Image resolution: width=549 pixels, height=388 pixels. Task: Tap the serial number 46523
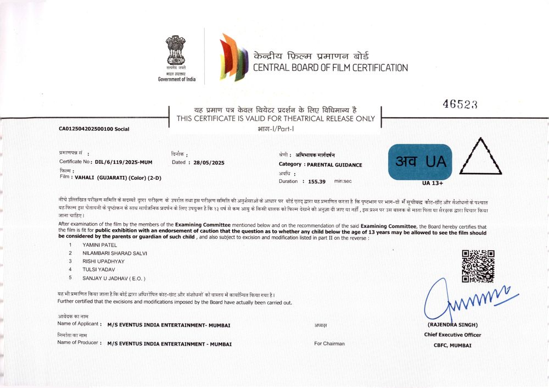[460, 104]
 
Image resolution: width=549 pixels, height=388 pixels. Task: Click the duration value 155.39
[317, 181]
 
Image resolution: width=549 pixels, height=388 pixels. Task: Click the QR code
[478, 266]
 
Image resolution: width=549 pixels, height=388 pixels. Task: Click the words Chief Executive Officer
[452, 335]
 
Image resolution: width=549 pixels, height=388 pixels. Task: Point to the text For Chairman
[329, 343]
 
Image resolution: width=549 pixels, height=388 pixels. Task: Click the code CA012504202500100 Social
[93, 129]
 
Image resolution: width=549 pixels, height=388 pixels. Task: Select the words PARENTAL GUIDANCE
[334, 164]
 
